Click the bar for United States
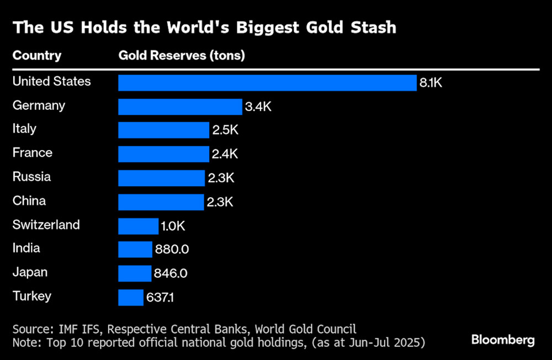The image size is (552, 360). pos(267,83)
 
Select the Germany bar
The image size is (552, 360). pos(180,107)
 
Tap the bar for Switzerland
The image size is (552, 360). pos(138,226)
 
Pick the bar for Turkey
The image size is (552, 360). pos(131,298)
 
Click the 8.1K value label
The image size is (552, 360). pos(431,83)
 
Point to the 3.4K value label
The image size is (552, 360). pos(258,107)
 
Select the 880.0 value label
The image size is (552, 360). pos(172,250)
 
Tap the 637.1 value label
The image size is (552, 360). pos(161,298)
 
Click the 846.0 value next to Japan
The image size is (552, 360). pos(171,274)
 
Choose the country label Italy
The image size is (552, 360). pos(24,129)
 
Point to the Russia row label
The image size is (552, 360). pos(31,177)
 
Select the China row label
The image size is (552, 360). pos(29,200)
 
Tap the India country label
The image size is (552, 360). pos(26,248)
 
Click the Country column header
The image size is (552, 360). pos(37,56)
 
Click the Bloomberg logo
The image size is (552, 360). pos(503,340)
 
